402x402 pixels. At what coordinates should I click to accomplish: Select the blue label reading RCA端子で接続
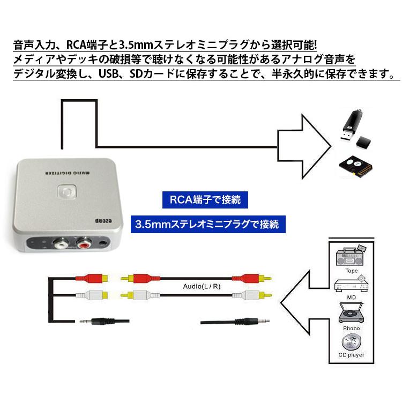[205, 200]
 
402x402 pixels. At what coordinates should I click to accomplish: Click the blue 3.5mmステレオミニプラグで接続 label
[207, 224]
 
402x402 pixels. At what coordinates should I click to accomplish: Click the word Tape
[351, 271]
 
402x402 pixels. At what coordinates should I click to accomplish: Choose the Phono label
[351, 327]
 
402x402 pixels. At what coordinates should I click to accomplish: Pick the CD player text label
[351, 355]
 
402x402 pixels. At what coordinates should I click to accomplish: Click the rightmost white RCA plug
[247, 294]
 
